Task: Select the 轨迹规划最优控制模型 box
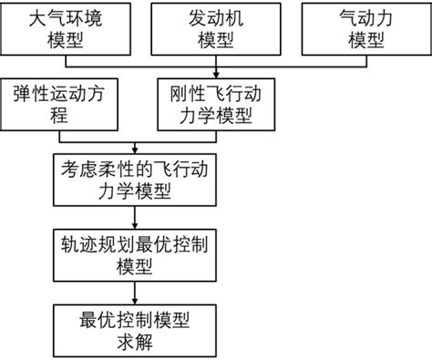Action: [136, 254]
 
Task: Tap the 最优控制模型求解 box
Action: [136, 331]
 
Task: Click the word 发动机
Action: [215, 18]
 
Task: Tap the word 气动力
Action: [363, 18]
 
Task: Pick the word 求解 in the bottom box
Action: [136, 343]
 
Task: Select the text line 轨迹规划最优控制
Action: [136, 244]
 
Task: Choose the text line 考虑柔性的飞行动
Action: [136, 168]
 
